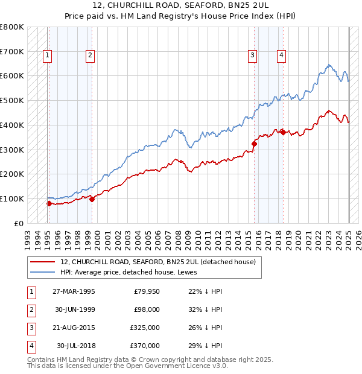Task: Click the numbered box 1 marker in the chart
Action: coord(48,56)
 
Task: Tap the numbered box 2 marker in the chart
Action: coord(90,56)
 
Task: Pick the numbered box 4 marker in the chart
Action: coord(281,56)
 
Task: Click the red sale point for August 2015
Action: coord(255,144)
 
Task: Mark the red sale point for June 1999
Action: coord(92,199)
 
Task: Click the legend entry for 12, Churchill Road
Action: coord(158,262)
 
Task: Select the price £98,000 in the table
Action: coord(147,309)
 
